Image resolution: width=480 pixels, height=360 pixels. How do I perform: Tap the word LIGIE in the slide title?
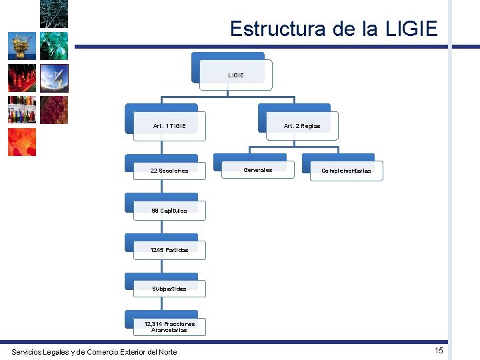[x=411, y=29]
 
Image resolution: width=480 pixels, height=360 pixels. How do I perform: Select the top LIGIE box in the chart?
[x=236, y=75]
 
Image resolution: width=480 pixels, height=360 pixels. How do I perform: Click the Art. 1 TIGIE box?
[x=169, y=125]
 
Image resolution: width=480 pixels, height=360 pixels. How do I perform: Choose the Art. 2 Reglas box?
[x=301, y=125]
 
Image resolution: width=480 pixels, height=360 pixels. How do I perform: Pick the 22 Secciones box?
[x=169, y=170]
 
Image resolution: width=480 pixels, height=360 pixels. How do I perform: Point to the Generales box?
[x=257, y=169]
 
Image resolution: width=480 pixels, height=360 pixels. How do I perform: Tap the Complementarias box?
[x=346, y=170]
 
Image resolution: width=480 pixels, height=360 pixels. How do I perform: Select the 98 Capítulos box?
[x=169, y=210]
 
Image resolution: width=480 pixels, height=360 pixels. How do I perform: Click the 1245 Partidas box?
[x=169, y=249]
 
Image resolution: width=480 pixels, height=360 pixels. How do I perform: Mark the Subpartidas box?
[x=169, y=288]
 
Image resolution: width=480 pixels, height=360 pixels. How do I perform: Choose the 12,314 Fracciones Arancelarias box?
[x=169, y=326]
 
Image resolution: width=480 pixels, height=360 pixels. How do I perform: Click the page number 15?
[x=438, y=351]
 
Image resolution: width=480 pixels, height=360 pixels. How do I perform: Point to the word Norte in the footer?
[x=166, y=351]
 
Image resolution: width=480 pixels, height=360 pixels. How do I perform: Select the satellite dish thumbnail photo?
[x=54, y=78]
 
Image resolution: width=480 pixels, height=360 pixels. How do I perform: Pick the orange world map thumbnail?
[x=21, y=142]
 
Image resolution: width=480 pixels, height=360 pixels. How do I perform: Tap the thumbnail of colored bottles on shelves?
[x=21, y=110]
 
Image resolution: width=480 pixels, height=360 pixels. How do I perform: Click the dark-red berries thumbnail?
[x=54, y=110]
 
